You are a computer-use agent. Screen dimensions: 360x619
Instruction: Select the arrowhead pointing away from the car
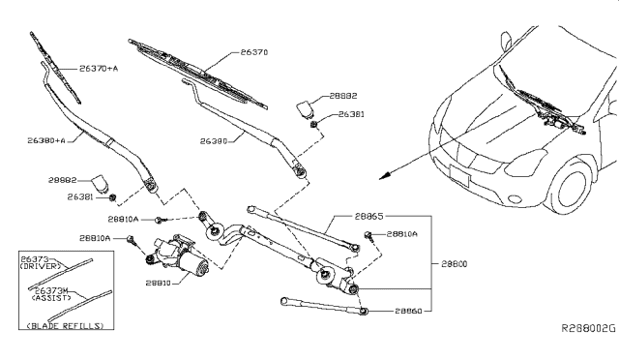click(x=385, y=174)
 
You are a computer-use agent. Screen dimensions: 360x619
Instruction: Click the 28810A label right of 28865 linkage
click(x=401, y=234)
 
